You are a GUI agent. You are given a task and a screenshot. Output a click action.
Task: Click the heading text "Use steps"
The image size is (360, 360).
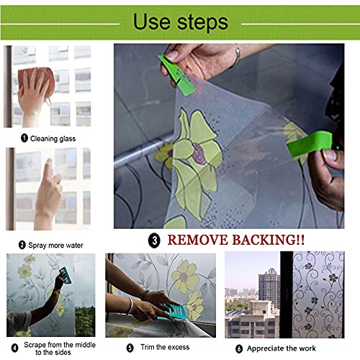[x=181, y=22]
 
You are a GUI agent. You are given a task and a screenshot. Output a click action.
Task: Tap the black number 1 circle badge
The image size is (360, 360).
[x=24, y=138]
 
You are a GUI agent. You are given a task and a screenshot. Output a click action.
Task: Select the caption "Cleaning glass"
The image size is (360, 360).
[x=53, y=138]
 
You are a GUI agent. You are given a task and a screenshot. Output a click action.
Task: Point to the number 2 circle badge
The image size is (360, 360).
[x=22, y=245]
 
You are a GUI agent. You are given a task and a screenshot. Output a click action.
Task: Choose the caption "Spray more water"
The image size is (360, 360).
[x=55, y=246]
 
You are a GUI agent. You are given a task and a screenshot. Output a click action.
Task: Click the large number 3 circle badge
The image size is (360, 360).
[x=154, y=240]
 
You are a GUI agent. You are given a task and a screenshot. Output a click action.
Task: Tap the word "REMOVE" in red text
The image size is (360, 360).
[x=197, y=240]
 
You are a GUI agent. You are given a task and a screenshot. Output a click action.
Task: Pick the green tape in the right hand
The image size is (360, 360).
[x=310, y=143]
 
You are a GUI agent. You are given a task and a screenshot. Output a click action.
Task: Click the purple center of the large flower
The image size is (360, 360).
[x=199, y=154]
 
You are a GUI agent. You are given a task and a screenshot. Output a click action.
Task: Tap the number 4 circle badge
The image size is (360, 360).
[x=15, y=348]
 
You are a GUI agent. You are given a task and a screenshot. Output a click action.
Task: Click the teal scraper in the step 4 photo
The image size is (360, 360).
[x=66, y=275]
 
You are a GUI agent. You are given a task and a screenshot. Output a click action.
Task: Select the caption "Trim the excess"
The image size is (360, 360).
[x=165, y=347]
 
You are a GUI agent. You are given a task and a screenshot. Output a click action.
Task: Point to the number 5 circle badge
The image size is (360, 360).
[x=130, y=348]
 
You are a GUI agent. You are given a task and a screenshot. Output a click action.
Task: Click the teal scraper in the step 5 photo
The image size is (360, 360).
[x=174, y=312]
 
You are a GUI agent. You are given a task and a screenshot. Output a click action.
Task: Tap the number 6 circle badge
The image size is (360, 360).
[x=239, y=348]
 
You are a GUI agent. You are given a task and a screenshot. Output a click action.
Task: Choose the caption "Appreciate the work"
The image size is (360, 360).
[x=282, y=348]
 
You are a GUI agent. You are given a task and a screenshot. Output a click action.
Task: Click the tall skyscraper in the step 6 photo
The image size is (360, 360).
[x=269, y=288]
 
